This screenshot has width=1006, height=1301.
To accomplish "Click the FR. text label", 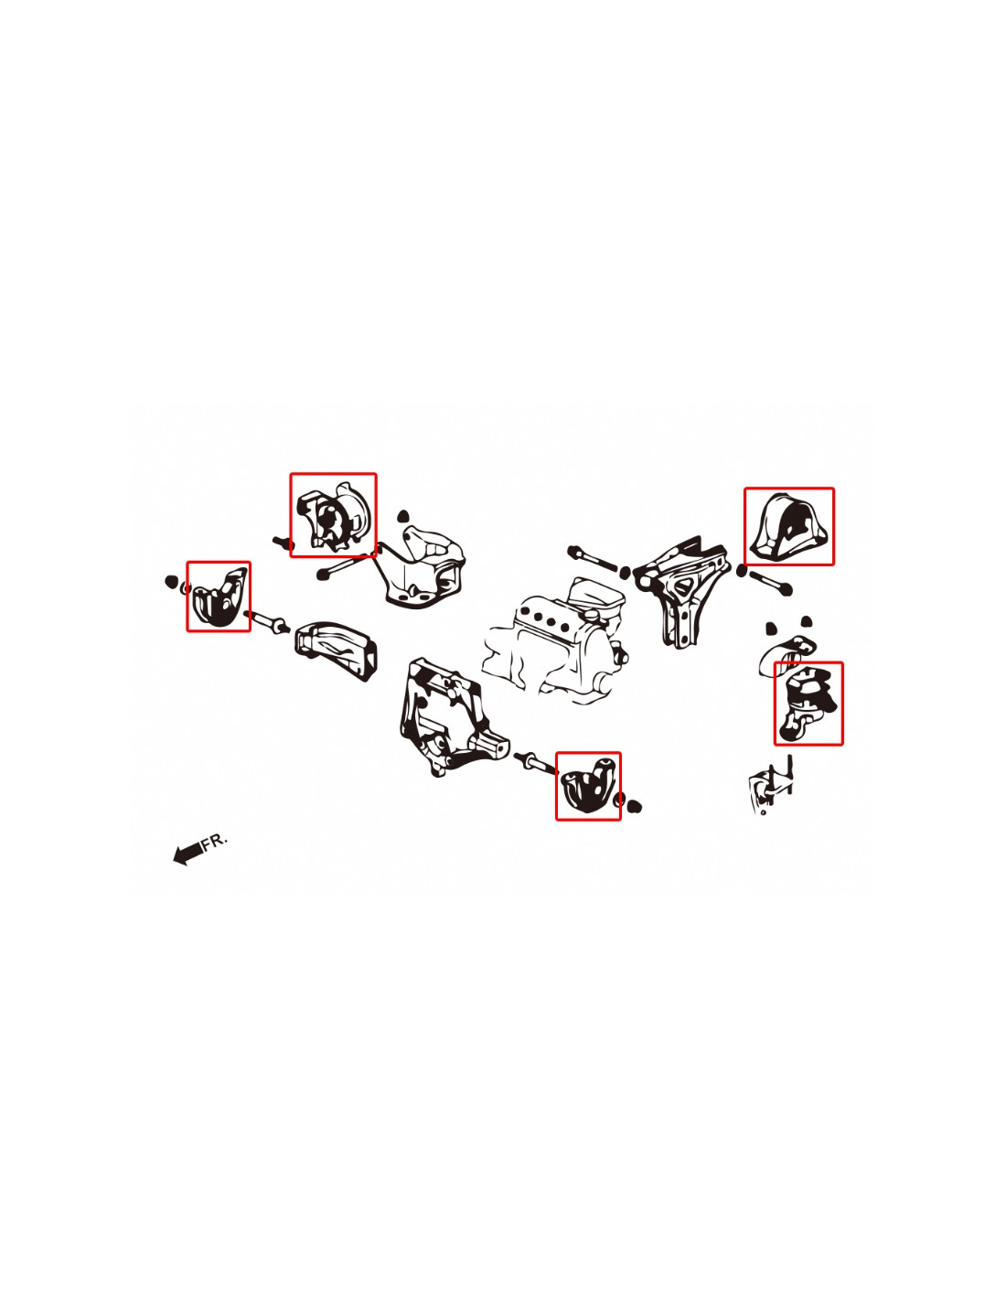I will pyautogui.click(x=215, y=841).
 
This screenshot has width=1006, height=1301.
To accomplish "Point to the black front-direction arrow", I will pyautogui.click(x=187, y=854).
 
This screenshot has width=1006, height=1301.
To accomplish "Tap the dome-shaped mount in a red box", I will pyautogui.click(x=788, y=527).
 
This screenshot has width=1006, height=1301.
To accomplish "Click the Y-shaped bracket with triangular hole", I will pyautogui.click(x=682, y=590).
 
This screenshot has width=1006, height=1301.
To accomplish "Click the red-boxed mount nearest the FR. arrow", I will pyautogui.click(x=219, y=597).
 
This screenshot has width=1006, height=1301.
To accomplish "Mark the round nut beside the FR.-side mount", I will pyautogui.click(x=171, y=581).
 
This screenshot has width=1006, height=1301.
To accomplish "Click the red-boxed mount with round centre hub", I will pyautogui.click(x=333, y=515).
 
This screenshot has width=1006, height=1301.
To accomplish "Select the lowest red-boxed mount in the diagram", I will pyautogui.click(x=588, y=786).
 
